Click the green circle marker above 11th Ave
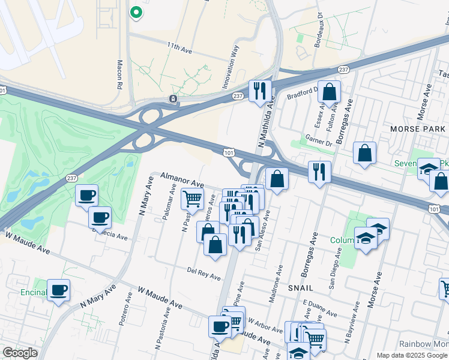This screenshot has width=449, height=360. [x=136, y=11]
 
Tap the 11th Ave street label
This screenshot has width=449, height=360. [x=179, y=48]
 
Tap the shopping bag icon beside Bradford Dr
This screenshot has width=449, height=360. [x=329, y=92]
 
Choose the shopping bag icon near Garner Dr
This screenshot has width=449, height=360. [x=364, y=154]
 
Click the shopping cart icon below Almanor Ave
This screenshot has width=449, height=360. [x=192, y=199]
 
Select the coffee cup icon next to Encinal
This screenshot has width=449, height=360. [x=59, y=291]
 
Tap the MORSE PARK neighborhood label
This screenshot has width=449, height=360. [x=418, y=129]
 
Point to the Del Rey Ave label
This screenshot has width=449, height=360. [x=203, y=274]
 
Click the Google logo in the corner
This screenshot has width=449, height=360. [x=20, y=353]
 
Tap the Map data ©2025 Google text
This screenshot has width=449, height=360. [x=411, y=355]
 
